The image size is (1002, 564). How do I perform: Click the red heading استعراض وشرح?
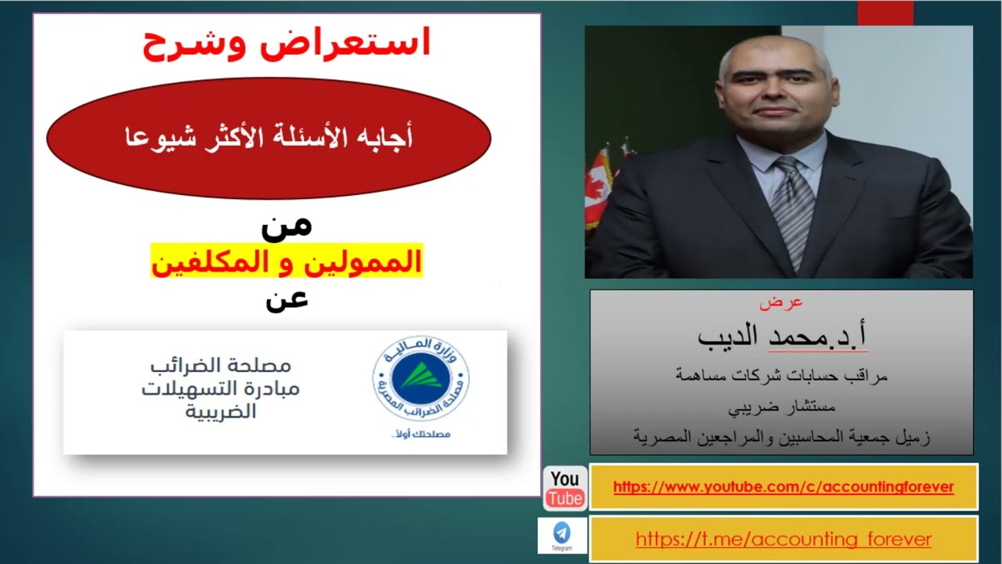[287, 44]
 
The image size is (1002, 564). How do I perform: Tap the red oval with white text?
[269, 138]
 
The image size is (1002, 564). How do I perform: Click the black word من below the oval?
[287, 224]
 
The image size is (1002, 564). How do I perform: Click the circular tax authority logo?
[420, 379]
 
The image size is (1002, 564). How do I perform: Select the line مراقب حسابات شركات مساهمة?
[781, 376]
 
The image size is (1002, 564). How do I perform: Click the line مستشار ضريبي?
[781, 407]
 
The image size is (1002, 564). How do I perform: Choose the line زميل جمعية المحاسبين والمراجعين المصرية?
[781, 436]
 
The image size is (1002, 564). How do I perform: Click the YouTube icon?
[564, 488]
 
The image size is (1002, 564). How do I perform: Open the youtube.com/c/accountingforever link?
[783, 487]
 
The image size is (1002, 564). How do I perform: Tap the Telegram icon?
[562, 535]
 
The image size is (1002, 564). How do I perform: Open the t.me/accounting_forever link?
[783, 539]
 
